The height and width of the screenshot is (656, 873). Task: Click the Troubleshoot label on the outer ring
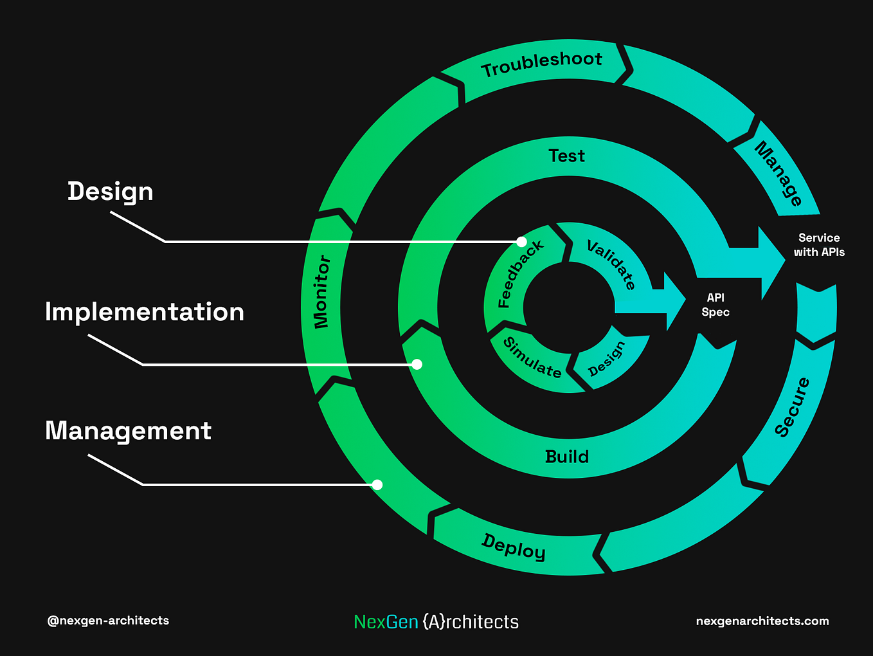click(x=542, y=64)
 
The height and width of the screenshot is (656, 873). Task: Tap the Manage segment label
click(x=779, y=173)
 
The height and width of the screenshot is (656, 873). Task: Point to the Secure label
click(x=792, y=407)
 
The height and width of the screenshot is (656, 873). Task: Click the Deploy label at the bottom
click(x=514, y=547)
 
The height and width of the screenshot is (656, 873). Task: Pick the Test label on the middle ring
click(x=566, y=156)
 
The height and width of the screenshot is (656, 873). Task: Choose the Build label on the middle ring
click(x=566, y=457)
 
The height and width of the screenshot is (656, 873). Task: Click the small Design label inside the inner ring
click(x=606, y=359)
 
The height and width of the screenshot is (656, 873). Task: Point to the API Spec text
click(x=715, y=305)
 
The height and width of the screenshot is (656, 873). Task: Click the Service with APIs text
click(x=819, y=245)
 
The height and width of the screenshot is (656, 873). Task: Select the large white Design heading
click(x=111, y=192)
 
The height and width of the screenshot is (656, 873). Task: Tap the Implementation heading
click(x=145, y=312)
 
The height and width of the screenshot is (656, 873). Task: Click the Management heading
click(x=128, y=431)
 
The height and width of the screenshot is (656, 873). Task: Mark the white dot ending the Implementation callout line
click(x=417, y=365)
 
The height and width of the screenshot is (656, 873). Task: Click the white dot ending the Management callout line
click(x=377, y=485)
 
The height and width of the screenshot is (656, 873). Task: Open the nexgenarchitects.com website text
click(x=762, y=621)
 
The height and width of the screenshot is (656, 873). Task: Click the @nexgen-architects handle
click(x=108, y=621)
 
